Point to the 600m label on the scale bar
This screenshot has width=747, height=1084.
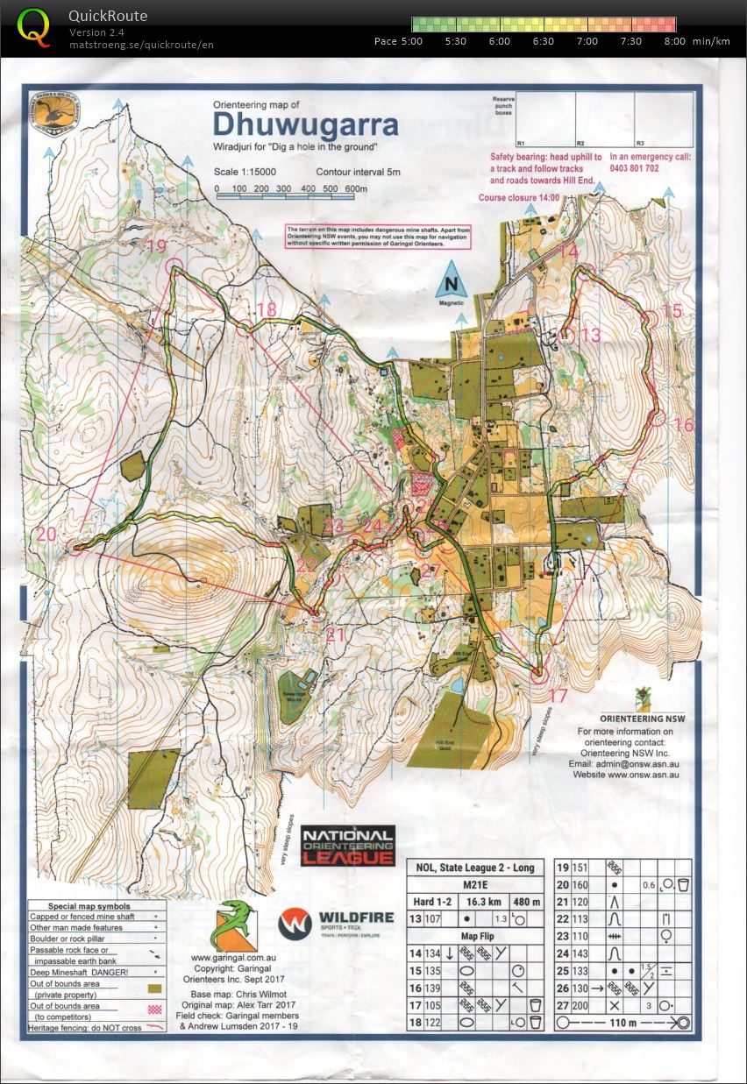[355, 189]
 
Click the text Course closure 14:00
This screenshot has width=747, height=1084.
[518, 198]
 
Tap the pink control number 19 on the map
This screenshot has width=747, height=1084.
[156, 247]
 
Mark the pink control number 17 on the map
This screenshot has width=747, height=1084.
[558, 696]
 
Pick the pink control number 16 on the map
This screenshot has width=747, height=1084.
[683, 425]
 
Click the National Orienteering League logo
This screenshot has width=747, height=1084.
[347, 846]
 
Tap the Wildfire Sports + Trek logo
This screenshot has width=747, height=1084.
[322, 927]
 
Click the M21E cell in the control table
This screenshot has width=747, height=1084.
[474, 885]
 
